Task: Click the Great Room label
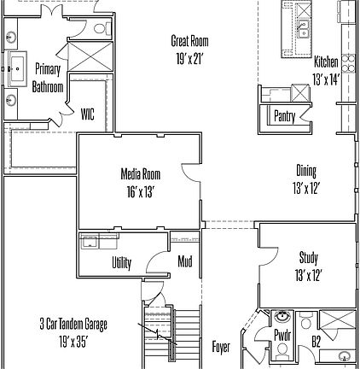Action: click(x=189, y=41)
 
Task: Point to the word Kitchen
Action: click(x=326, y=62)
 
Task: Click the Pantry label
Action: click(x=284, y=116)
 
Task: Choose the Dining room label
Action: click(x=306, y=171)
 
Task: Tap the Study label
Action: click(x=308, y=257)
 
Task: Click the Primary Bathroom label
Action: click(x=48, y=78)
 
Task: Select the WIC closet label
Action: click(x=88, y=112)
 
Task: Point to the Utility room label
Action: click(x=122, y=263)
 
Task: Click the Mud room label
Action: click(x=184, y=261)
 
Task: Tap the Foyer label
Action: click(x=220, y=347)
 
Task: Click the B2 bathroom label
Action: click(x=315, y=342)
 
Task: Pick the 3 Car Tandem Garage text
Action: click(x=73, y=325)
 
